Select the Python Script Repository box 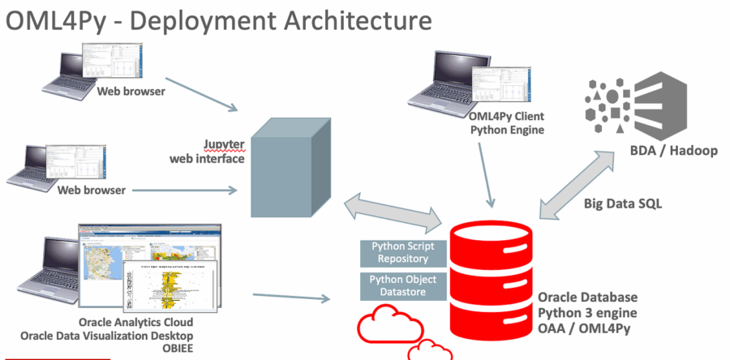tap(404, 252)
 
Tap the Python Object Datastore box tap(404, 285)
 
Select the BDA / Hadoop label tap(674, 150)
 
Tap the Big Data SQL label tap(623, 204)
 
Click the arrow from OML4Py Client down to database tap(487, 174)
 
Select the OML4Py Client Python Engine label tap(507, 122)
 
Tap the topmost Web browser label tap(131, 91)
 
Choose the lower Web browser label tap(92, 190)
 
